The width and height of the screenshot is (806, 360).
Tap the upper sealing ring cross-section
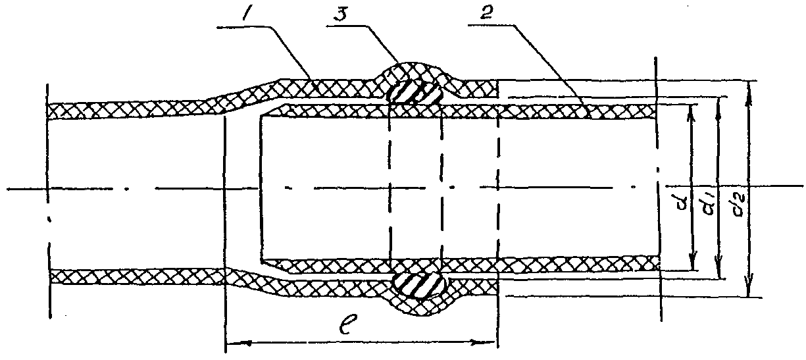pos(414,91)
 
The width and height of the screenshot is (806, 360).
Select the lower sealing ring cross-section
pos(420,285)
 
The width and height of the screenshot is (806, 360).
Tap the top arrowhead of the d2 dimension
pos(749,91)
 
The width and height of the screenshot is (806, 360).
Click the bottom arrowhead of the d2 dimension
pos(749,288)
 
